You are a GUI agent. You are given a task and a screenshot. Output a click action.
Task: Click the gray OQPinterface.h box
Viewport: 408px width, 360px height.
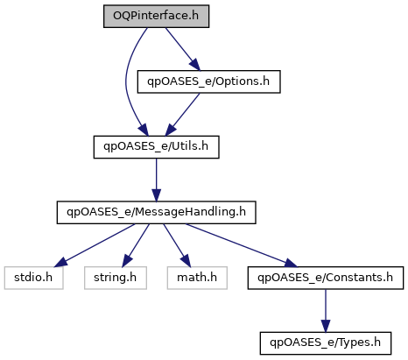point(156,16)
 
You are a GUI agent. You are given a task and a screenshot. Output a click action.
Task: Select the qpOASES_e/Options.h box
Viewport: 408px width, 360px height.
point(209,81)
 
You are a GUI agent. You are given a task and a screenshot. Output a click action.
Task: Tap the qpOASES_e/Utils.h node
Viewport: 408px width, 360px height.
point(156,147)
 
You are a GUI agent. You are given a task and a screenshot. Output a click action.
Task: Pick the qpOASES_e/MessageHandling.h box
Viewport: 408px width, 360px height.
point(156,212)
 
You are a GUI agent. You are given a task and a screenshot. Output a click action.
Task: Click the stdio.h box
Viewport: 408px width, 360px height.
point(33,278)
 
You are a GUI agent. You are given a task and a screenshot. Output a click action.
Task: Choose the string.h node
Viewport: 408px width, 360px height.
point(116,278)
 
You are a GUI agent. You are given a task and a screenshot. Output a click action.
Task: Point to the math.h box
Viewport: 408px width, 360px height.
point(197,278)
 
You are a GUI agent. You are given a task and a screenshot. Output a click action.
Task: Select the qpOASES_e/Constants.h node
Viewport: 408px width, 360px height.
point(326,278)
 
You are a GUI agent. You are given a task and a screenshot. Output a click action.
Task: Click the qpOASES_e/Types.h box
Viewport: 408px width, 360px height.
point(326,343)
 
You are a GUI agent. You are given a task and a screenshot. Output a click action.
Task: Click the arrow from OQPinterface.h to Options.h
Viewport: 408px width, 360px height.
point(183,49)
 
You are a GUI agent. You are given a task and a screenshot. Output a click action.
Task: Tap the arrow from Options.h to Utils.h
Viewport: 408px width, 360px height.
point(182,115)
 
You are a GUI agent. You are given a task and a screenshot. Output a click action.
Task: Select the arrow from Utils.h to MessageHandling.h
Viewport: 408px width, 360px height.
point(156,180)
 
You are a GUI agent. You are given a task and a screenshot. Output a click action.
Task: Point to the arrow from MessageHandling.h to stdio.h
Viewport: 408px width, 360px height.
point(95,245)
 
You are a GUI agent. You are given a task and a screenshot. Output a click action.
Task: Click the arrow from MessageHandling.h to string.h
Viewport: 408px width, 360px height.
point(136,245)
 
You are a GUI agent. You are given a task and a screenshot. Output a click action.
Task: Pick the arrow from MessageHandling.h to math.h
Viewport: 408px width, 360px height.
point(177,245)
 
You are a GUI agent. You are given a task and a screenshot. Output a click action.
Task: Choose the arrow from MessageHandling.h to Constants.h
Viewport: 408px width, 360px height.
point(242,245)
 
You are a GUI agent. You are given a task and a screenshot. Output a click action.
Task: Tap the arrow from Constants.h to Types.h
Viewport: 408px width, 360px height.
point(326,311)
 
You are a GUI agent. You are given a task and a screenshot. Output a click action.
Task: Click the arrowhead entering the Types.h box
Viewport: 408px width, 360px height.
point(326,326)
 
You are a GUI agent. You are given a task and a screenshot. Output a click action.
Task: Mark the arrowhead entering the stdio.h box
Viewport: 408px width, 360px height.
point(60,263)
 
